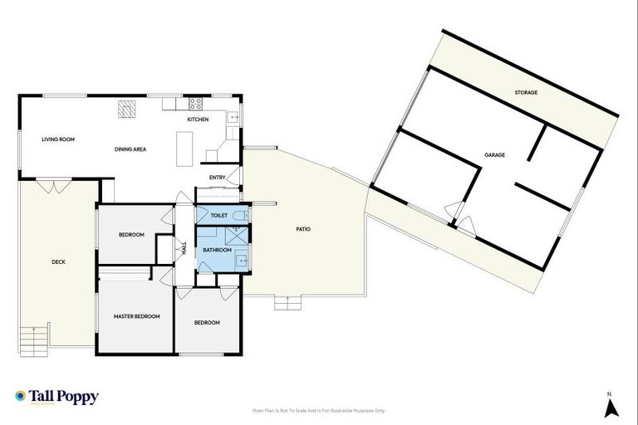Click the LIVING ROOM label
58,139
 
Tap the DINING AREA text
130,149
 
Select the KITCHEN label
197,120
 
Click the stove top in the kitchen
197,105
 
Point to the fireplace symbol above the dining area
126,108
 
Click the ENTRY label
218,177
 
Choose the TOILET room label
219,215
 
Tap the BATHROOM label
217,250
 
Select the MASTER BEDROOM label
136,316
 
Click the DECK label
58,262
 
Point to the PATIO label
303,228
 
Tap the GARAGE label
495,155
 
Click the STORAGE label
525,92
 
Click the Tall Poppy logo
56,397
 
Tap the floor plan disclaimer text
319,410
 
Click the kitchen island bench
184,149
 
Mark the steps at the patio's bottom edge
287,304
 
